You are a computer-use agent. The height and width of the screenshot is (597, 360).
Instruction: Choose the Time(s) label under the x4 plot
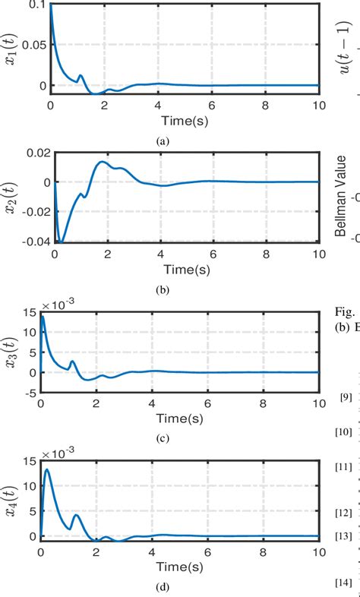[x=184, y=568]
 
